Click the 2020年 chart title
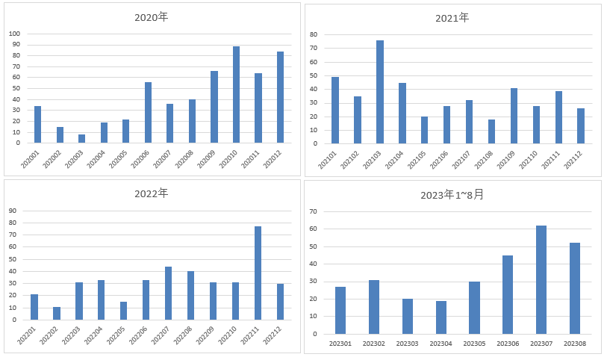[x=152, y=17]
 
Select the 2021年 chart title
[x=452, y=18]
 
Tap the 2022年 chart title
[x=152, y=193]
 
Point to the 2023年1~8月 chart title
[x=452, y=194]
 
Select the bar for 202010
[x=236, y=94]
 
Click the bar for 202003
[x=81, y=139]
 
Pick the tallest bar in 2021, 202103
[x=380, y=92]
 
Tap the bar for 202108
[x=491, y=131]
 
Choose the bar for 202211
[x=258, y=273]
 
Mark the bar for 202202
[x=57, y=314]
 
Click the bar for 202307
[x=541, y=279]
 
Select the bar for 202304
[x=441, y=317]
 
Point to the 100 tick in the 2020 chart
[x=14, y=34]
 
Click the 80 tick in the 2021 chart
[x=314, y=34]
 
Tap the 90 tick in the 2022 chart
[x=13, y=211]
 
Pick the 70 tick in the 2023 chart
[x=313, y=211]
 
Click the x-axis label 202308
[x=575, y=344]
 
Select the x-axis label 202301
[x=340, y=344]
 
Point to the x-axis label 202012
[x=273, y=159]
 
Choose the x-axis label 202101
[x=328, y=160]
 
